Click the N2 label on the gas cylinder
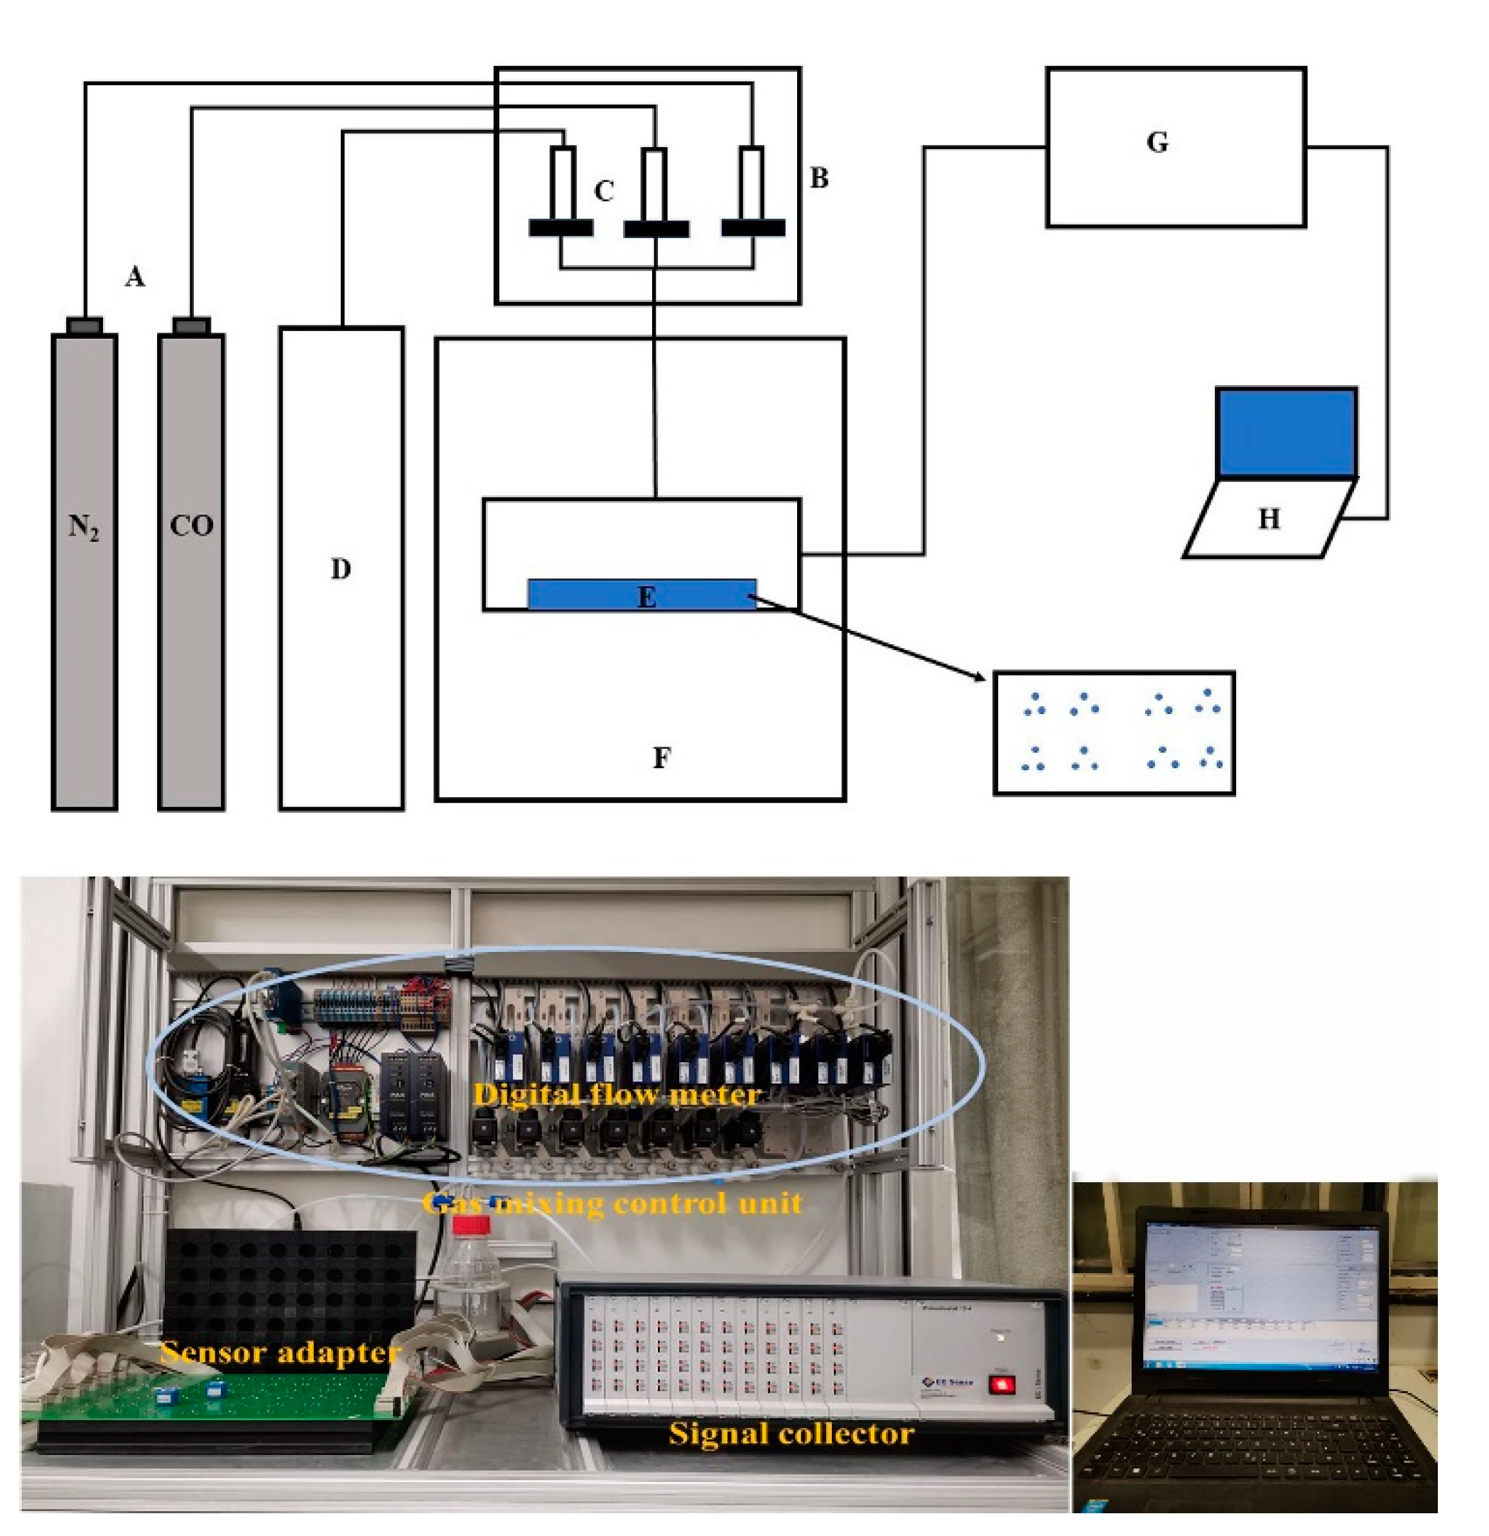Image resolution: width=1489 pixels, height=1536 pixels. coord(84,527)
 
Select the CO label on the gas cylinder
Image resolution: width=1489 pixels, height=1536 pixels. coord(191,526)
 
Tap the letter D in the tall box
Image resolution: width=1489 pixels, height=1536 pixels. coord(340,569)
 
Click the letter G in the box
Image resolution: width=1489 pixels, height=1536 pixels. coord(1157,144)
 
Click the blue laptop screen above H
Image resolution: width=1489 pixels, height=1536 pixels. coord(1286,432)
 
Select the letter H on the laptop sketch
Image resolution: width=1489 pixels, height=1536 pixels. coord(1269,519)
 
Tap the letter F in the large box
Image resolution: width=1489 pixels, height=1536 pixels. coord(661,758)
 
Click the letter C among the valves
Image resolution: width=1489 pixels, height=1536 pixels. coord(603,191)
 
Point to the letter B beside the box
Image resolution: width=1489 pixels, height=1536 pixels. coord(819,178)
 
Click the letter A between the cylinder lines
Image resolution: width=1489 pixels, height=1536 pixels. coord(135,276)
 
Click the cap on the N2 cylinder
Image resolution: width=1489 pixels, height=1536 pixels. coord(84,325)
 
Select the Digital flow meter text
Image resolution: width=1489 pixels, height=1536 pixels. coord(617,1095)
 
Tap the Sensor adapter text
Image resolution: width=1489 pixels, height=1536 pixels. coord(280,1353)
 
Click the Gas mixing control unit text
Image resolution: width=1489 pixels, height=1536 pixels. coord(613,1203)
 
